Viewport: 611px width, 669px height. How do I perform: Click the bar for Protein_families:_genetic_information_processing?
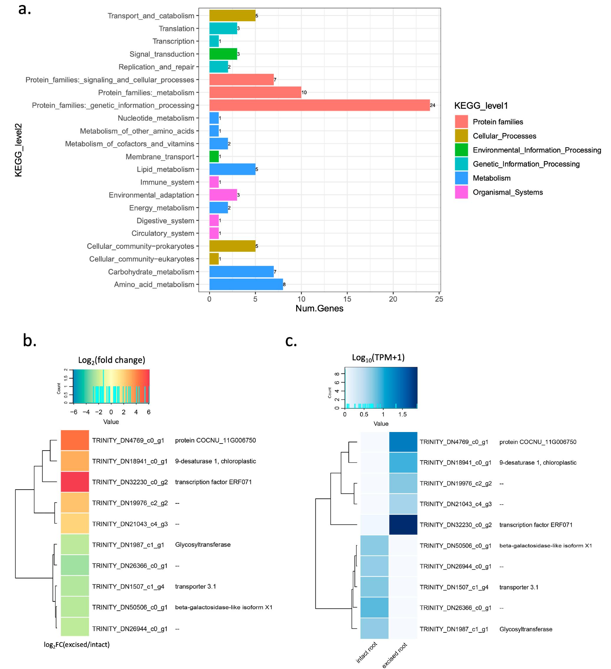(x=319, y=105)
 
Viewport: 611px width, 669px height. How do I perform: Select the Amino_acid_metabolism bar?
(x=246, y=284)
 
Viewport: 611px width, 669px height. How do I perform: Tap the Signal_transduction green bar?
(x=223, y=54)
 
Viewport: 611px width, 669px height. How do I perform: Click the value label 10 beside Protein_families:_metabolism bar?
(x=304, y=93)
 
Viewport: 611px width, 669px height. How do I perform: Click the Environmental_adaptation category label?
(x=151, y=195)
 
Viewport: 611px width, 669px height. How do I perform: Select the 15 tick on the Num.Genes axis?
(x=347, y=299)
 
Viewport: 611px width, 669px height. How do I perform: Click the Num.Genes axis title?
(x=319, y=308)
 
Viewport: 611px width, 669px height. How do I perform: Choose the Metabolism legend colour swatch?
(x=461, y=178)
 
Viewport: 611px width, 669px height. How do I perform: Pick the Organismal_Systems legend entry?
(x=507, y=192)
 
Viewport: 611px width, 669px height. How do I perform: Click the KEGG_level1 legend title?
(x=481, y=106)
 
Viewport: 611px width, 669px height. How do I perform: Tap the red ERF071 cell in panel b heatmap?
(x=75, y=482)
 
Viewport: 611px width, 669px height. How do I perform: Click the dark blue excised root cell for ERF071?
(x=403, y=524)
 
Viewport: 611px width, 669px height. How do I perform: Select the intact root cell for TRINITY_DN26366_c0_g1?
(x=374, y=607)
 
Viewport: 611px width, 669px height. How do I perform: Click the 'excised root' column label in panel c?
(x=395, y=655)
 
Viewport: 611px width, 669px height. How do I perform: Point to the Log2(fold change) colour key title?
(x=112, y=360)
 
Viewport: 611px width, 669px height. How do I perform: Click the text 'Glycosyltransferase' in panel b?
(x=203, y=544)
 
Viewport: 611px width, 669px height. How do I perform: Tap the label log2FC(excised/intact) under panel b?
(x=77, y=645)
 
